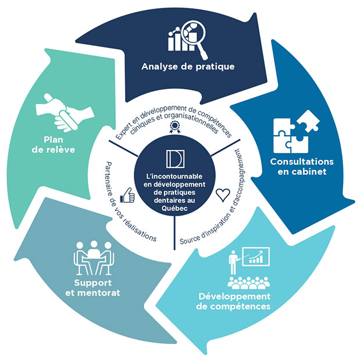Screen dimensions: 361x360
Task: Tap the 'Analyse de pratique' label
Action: point(188,66)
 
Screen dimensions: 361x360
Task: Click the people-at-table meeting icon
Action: point(93,258)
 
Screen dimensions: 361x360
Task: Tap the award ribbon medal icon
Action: point(173,133)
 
